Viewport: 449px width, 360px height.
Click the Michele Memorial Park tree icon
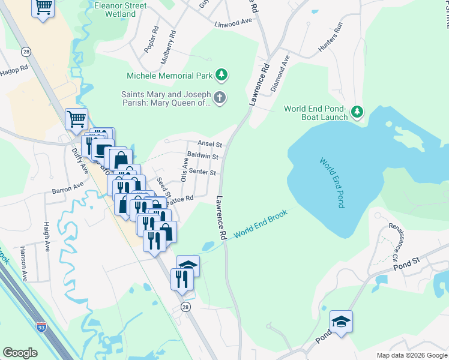222,76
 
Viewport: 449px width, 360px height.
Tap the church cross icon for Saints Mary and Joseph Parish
220,98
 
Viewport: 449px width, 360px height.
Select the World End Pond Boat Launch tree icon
357,112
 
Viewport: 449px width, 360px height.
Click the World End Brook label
261,227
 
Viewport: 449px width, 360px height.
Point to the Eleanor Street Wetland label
119,9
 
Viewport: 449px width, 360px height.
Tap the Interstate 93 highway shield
41,327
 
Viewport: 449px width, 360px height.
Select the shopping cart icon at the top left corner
43,8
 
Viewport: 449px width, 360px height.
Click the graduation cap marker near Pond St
341,322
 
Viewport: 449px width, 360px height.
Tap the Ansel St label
210,145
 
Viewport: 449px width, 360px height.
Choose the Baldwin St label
202,155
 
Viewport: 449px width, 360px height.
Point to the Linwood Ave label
234,22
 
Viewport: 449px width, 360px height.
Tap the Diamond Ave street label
280,73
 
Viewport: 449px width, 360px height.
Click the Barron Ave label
67,189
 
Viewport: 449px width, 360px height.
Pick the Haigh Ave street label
46,236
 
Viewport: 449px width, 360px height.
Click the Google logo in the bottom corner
20,353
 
